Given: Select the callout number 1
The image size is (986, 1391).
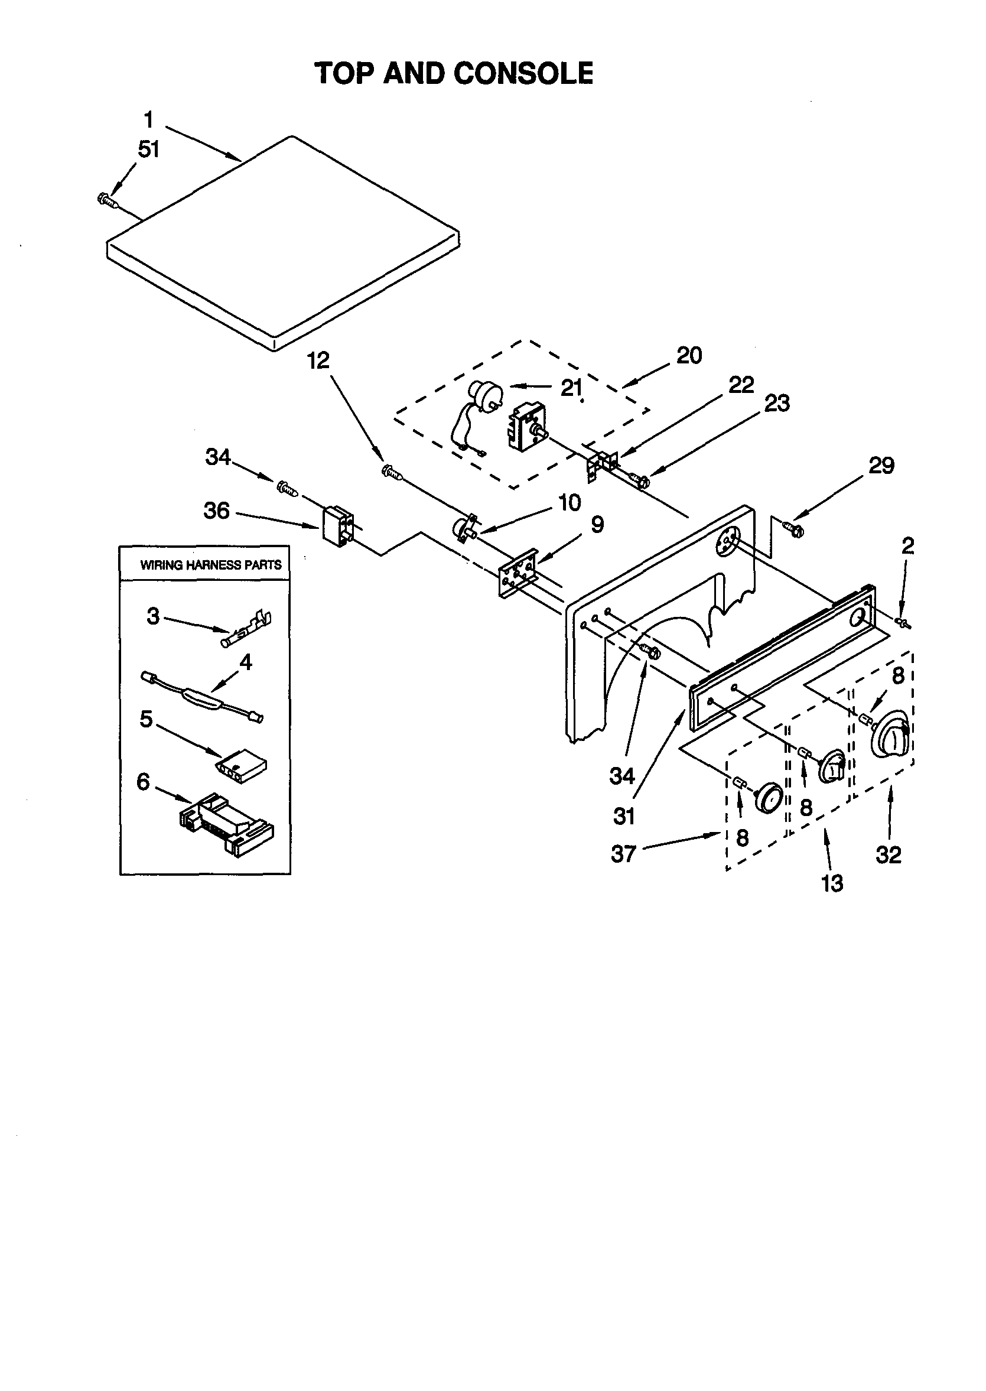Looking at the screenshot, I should [x=149, y=119].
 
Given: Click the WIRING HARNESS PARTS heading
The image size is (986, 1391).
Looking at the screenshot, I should [x=211, y=565].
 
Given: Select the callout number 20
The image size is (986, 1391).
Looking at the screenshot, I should [x=689, y=355].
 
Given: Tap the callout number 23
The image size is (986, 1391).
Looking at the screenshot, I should [x=776, y=403].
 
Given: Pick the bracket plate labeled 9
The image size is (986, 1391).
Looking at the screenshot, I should [x=518, y=573].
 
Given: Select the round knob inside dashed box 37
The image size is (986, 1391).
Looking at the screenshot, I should [x=769, y=797].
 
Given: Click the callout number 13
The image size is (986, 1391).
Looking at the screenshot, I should [x=832, y=883].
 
